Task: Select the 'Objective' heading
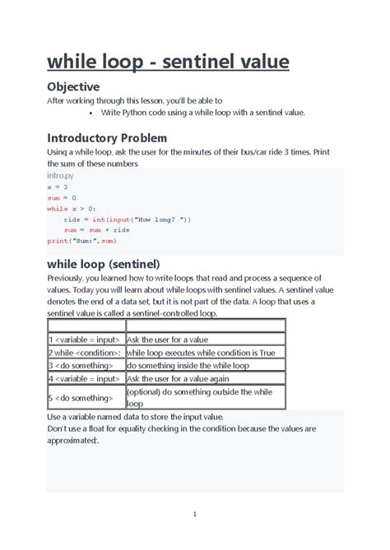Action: pyautogui.click(x=73, y=86)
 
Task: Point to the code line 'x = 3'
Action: pyautogui.click(x=58, y=187)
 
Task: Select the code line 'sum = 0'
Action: pyautogui.click(x=62, y=198)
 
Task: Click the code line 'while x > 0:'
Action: pyautogui.click(x=72, y=209)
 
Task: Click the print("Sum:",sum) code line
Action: pyautogui.click(x=81, y=242)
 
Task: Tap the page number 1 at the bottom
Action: pyautogui.click(x=194, y=515)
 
